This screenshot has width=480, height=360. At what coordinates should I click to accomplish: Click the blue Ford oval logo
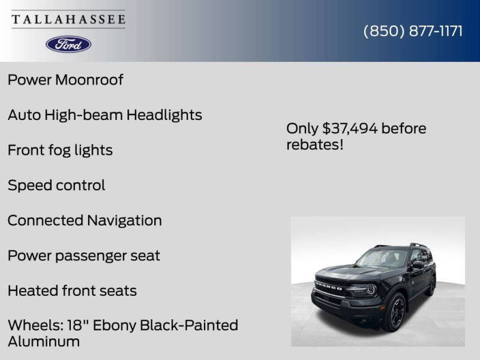[68, 44]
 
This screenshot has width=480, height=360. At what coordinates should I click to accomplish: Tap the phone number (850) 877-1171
[413, 31]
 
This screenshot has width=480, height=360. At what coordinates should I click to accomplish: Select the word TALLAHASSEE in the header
[68, 19]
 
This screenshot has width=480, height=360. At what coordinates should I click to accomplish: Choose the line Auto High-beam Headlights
[104, 115]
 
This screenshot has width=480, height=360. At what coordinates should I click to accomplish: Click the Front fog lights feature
[60, 150]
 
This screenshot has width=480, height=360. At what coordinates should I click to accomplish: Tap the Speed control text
[56, 185]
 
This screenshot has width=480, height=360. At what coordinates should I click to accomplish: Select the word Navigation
[124, 220]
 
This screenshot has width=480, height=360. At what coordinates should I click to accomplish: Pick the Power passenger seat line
[83, 256]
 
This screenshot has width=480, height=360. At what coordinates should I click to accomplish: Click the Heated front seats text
[72, 291]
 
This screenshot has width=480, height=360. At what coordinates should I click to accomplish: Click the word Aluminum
[43, 341]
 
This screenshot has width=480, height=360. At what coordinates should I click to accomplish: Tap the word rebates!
[314, 145]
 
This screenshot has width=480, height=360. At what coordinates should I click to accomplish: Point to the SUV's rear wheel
[430, 285]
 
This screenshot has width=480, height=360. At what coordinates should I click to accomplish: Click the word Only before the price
[302, 128]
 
